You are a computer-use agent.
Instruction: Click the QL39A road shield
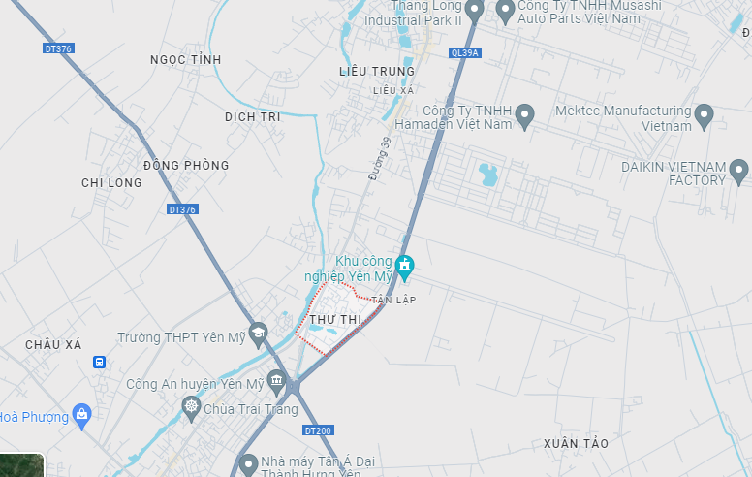(x=464, y=53)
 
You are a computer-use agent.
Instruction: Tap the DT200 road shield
(x=317, y=429)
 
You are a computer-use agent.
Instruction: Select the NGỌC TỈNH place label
(x=186, y=60)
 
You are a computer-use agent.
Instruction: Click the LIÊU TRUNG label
(x=377, y=71)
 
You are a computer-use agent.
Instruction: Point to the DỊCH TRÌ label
(x=252, y=116)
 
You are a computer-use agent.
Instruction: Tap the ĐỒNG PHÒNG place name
(x=186, y=165)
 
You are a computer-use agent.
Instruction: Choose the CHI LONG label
(x=111, y=182)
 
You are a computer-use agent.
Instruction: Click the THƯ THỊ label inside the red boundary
(x=335, y=320)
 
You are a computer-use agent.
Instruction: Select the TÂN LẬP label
(x=392, y=300)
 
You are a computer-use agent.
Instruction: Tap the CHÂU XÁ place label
(x=54, y=344)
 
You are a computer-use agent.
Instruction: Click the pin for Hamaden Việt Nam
(x=524, y=116)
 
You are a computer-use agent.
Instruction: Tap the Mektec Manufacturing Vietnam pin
(x=705, y=116)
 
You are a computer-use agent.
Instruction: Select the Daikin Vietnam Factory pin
(x=738, y=172)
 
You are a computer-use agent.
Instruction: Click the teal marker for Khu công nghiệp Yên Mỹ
(x=405, y=264)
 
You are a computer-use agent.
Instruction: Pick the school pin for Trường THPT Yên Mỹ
(x=258, y=335)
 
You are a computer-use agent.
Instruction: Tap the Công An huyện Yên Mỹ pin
(x=277, y=382)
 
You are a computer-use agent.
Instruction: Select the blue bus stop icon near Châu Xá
(x=99, y=362)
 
